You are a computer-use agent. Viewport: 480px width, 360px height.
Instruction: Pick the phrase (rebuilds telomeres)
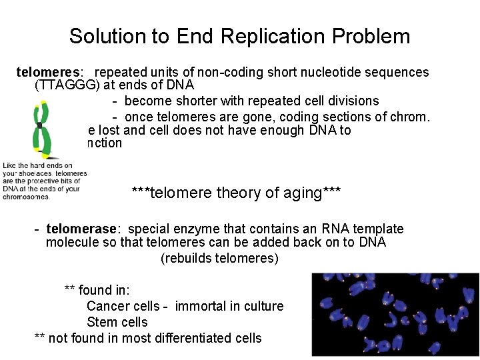pyautogui.click(x=219, y=258)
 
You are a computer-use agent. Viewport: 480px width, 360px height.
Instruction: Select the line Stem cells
pyautogui.click(x=117, y=322)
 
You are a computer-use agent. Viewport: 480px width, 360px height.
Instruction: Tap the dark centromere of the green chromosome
pyautogui.click(x=40, y=125)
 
